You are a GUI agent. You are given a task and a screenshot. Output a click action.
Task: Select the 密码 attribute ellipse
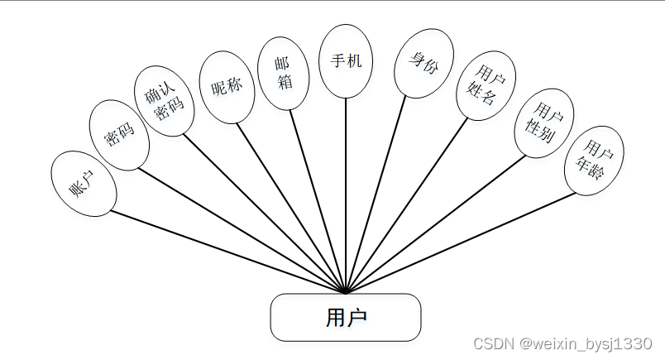click(119, 135)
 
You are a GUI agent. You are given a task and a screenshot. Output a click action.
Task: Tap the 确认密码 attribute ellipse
click(165, 101)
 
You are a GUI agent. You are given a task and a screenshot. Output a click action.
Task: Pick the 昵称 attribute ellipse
click(227, 87)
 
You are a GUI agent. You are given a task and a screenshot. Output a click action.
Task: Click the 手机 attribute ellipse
click(346, 61)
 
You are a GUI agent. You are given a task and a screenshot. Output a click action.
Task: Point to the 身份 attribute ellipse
click(423, 63)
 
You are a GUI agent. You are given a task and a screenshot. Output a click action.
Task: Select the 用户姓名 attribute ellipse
click(486, 85)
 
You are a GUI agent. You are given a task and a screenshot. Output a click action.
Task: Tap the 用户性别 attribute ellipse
click(543, 122)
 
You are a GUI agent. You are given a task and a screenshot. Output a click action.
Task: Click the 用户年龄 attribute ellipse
click(594, 161)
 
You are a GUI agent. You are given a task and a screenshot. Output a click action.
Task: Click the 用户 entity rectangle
click(346, 317)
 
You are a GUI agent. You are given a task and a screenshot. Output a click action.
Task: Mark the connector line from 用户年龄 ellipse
click(463, 243)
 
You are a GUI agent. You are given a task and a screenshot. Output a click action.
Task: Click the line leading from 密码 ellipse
click(240, 231)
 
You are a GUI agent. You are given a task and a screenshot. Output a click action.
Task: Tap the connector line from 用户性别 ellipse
click(438, 223)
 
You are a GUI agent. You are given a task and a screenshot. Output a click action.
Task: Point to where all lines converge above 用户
click(346, 292)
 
